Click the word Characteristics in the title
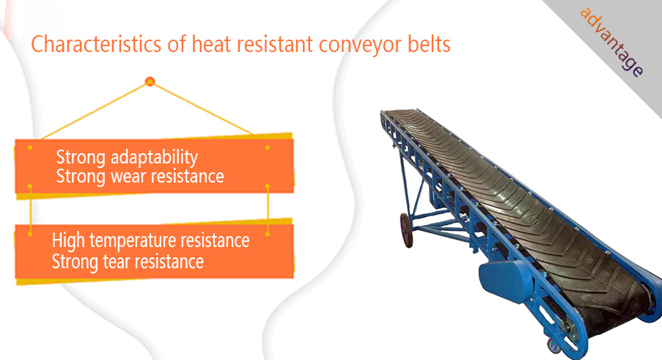[96, 44]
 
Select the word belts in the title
[429, 44]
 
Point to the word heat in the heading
[210, 44]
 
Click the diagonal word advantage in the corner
[611, 42]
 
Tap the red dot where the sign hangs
[150, 81]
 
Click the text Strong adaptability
[127, 158]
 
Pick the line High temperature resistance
[150, 240]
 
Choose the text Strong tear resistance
[128, 262]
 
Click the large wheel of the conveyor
[406, 230]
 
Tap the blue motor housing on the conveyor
[505, 281]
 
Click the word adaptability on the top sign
[154, 158]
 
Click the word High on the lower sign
[68, 240]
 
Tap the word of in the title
[177, 44]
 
